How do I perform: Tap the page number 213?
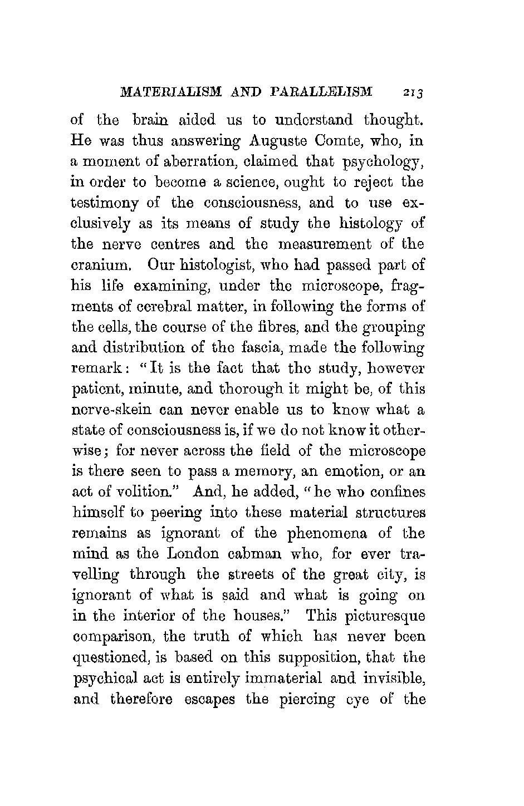pyautogui.click(x=414, y=92)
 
